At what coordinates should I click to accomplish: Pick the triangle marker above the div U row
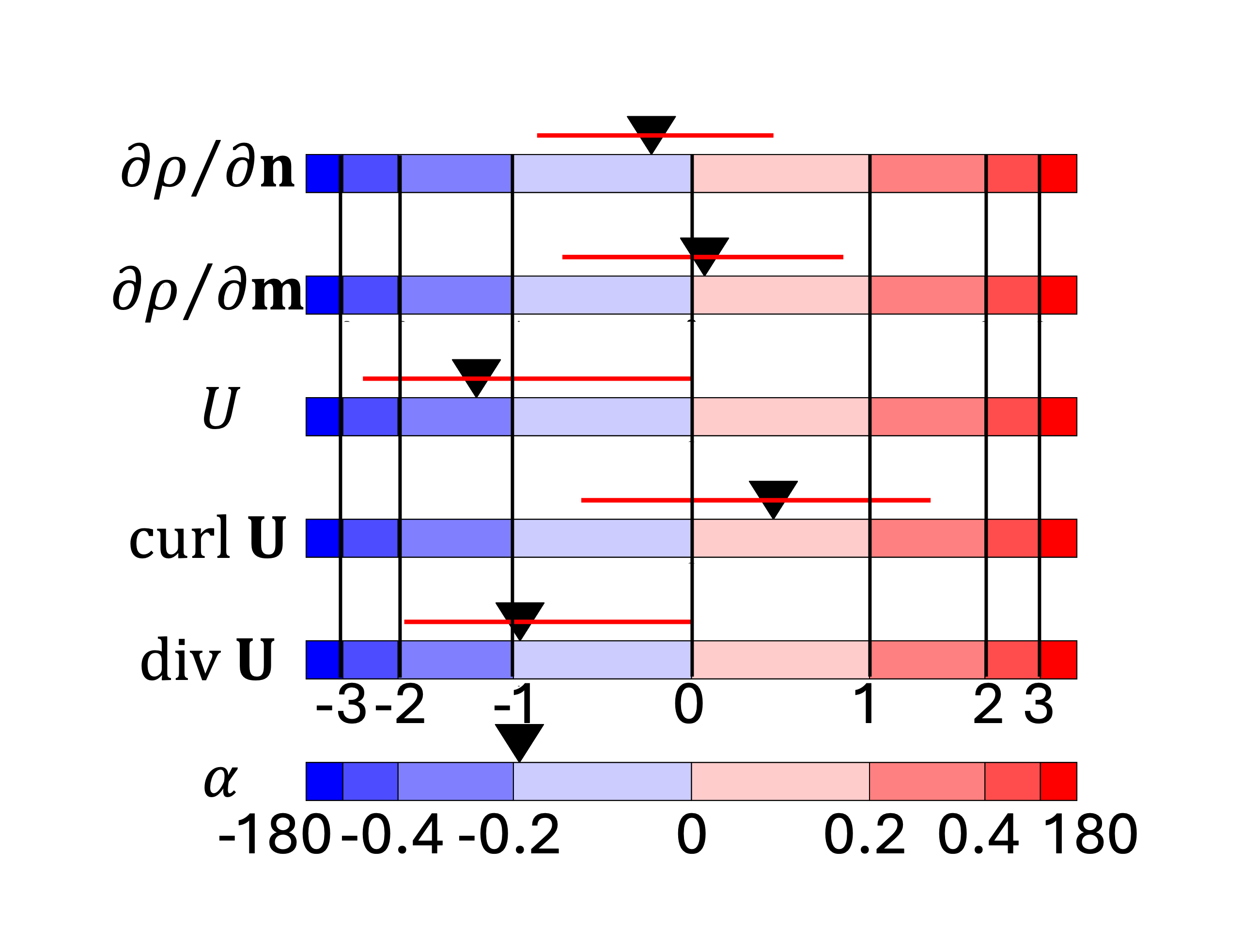[x=520, y=617]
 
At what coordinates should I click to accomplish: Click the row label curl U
[x=208, y=538]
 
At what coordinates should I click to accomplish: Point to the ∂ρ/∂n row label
[x=208, y=169]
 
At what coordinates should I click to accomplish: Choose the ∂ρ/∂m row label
[x=208, y=291]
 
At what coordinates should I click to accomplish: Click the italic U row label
[x=220, y=408]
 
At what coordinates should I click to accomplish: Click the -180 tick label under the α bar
[x=274, y=835]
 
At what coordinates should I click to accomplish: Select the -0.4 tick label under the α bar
[x=392, y=835]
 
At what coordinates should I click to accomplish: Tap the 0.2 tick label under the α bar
[x=864, y=835]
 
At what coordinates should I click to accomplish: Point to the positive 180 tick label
[x=1090, y=835]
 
